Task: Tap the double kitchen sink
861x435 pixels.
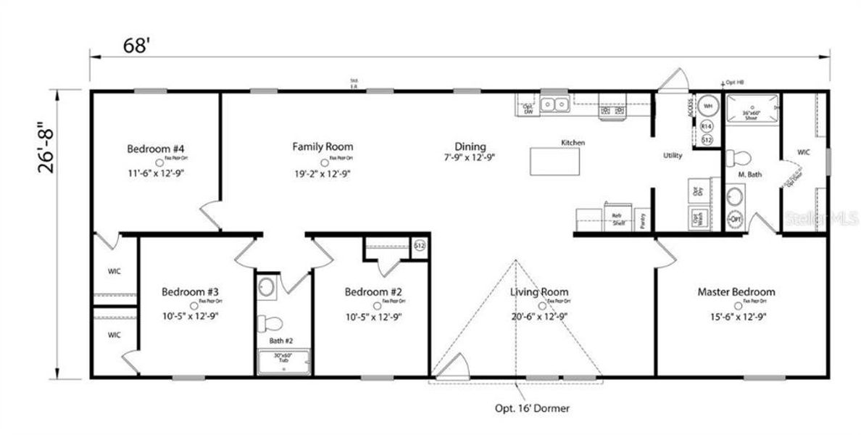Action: click(555, 105)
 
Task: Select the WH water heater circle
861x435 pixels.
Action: click(708, 106)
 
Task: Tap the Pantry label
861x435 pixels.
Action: click(644, 220)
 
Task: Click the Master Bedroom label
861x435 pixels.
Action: click(736, 292)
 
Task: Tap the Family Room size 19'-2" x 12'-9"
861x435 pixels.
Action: click(323, 173)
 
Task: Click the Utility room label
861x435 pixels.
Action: click(673, 156)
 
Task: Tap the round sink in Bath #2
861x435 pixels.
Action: click(265, 287)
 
